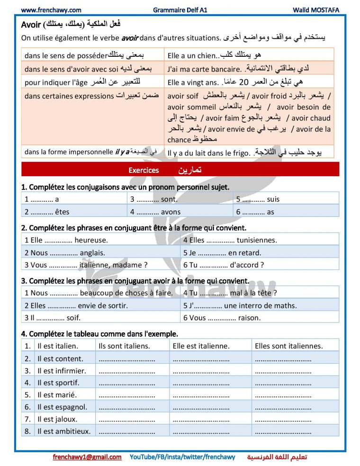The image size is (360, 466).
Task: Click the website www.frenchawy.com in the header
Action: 51,10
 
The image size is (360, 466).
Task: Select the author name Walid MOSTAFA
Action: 316,10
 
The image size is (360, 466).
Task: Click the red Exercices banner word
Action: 144,170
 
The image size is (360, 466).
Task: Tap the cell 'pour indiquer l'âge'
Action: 56,82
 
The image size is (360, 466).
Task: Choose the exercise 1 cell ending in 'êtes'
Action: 47,212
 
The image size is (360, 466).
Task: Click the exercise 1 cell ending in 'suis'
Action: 258,199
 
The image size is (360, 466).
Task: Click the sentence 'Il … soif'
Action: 53,318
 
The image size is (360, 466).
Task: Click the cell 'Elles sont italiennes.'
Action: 289,346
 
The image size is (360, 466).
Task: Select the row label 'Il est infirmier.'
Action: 62,371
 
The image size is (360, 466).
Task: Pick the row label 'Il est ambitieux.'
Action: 64,431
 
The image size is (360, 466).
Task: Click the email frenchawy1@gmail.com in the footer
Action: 87,457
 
